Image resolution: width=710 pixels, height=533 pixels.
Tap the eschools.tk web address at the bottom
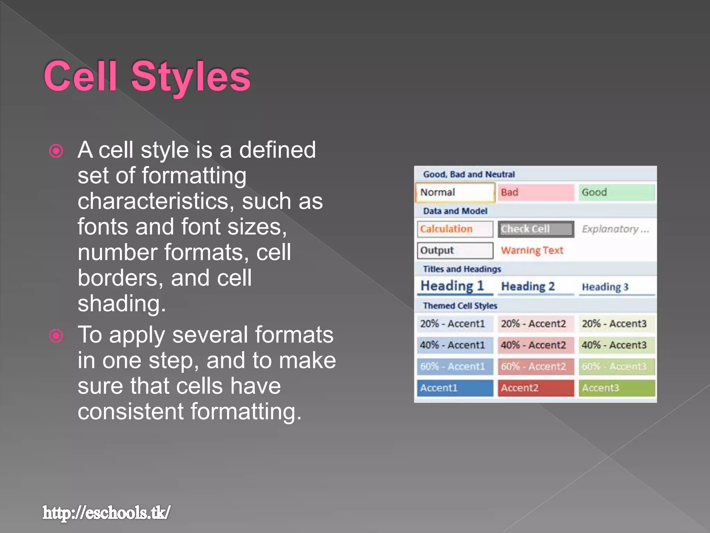[x=106, y=513]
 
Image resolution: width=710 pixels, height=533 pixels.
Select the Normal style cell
[x=455, y=192]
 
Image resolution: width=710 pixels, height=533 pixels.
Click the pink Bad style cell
[x=536, y=192]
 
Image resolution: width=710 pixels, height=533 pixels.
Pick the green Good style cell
[x=616, y=192]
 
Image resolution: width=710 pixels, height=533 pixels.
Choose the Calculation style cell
[x=455, y=229]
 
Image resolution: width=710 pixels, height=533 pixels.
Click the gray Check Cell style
[x=536, y=229]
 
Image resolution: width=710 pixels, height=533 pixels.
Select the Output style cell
[x=455, y=250]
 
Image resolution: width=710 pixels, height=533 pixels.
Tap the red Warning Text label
[x=532, y=250]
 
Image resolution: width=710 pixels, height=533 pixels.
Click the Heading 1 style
[x=452, y=286]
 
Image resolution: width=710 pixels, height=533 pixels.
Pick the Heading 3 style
[x=605, y=287]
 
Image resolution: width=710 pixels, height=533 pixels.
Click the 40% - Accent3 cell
[x=614, y=345]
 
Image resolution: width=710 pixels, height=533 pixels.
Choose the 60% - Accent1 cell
[x=453, y=366]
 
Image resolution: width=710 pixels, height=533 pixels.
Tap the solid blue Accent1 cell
[x=455, y=388]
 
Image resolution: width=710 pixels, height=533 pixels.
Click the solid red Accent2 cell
[x=536, y=388]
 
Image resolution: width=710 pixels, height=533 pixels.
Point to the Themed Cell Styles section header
[x=460, y=306]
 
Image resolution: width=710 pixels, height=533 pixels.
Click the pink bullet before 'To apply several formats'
[x=56, y=336]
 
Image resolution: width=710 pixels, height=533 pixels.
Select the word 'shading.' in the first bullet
[x=122, y=304]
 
